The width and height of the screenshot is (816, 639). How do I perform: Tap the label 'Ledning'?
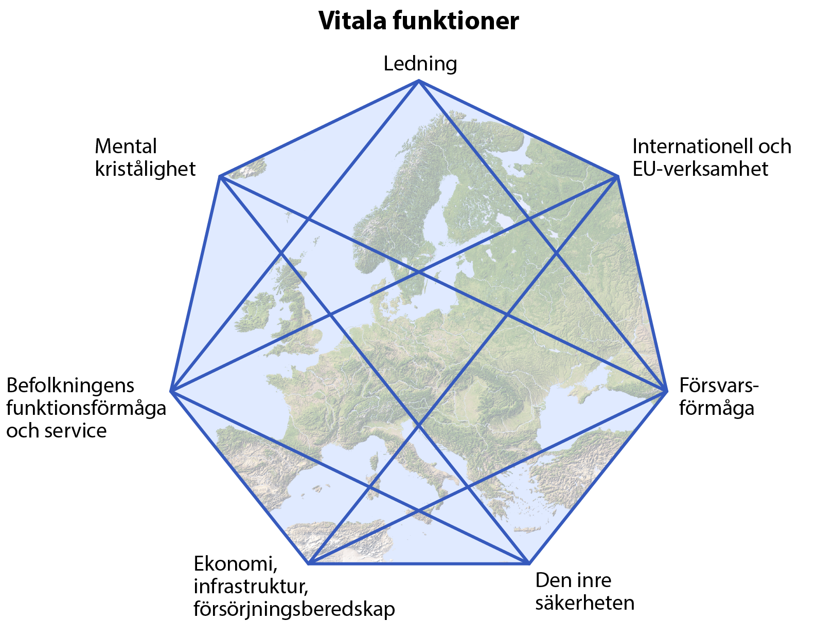click(x=420, y=64)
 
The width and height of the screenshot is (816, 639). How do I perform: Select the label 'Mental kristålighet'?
click(x=145, y=157)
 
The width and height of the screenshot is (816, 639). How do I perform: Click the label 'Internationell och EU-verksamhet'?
click(x=712, y=157)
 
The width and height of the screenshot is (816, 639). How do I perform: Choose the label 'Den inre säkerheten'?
click(x=584, y=591)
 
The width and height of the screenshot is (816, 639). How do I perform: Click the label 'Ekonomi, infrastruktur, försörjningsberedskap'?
click(x=294, y=587)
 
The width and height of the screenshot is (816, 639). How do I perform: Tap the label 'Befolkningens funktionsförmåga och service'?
click(x=86, y=408)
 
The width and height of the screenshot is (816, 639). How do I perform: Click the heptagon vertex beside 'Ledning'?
click(x=419, y=81)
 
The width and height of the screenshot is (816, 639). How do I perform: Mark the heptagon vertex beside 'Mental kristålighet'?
click(x=220, y=176)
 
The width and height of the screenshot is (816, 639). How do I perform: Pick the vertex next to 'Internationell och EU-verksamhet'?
click(x=617, y=176)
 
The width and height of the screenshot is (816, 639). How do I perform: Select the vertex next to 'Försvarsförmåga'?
click(x=666, y=391)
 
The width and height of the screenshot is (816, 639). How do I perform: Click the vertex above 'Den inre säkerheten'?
click(x=529, y=563)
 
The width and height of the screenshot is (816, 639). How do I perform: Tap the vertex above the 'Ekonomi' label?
click(x=309, y=563)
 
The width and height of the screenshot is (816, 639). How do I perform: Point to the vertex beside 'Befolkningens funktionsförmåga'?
click(x=171, y=391)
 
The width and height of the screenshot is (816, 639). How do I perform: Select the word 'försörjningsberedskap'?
click(x=294, y=609)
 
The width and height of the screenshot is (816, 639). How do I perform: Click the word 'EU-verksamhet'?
click(x=700, y=169)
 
